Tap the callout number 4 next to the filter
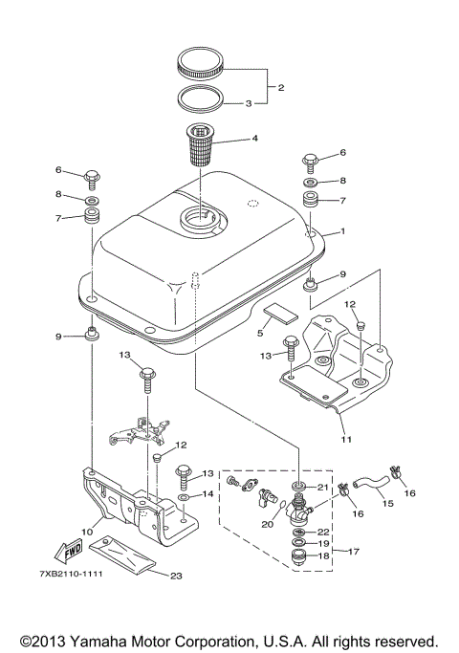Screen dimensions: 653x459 tap(253, 139)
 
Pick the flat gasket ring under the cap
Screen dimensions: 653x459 tap(201, 98)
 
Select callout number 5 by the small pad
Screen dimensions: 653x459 tap(259, 334)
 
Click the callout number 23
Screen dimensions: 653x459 tap(175, 576)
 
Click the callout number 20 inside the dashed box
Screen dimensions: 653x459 tap(267, 523)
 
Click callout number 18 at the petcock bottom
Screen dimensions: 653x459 tap(323, 555)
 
